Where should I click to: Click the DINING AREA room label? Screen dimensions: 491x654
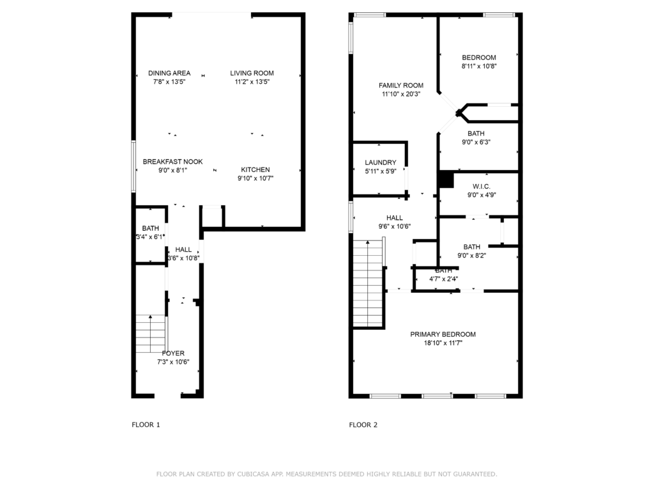[x=169, y=73]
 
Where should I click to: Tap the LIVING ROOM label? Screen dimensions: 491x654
[x=252, y=73]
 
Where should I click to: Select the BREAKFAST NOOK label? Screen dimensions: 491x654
[x=172, y=162]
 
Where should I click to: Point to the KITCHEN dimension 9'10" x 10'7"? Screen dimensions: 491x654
[x=255, y=178]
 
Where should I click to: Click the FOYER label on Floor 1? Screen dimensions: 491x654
[x=173, y=353]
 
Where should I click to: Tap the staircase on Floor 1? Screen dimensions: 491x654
[x=151, y=333]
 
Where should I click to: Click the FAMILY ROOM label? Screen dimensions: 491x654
[x=400, y=85]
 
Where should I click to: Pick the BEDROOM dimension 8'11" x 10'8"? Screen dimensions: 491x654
[x=479, y=66]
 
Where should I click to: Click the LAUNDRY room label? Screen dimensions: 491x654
[x=380, y=162]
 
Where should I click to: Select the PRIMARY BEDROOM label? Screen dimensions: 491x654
[x=443, y=334]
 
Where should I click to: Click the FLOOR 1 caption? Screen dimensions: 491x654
[x=146, y=425]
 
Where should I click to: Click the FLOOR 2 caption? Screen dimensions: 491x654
[x=363, y=425]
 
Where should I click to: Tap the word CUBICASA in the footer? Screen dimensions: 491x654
[x=253, y=474]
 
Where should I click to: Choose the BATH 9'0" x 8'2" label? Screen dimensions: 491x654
[x=472, y=247]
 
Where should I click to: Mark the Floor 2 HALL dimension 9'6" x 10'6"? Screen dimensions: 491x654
[x=394, y=226]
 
